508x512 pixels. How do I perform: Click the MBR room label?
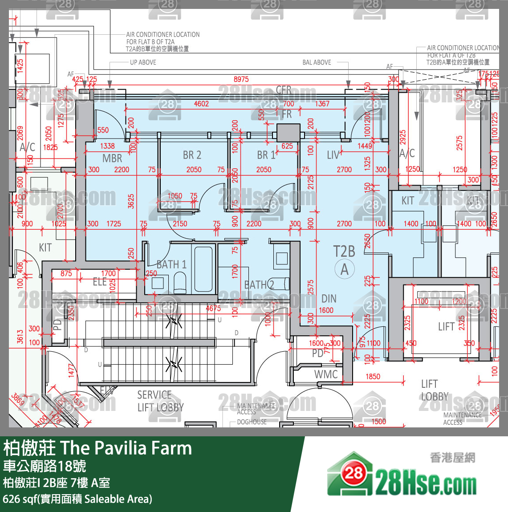(x=112, y=158)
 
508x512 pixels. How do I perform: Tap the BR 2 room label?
(x=192, y=155)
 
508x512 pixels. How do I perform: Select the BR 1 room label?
(x=266, y=155)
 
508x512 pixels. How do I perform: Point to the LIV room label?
(x=333, y=155)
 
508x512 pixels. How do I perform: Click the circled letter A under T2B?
(x=345, y=270)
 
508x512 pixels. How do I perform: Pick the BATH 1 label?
(x=171, y=264)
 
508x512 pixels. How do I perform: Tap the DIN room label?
(x=329, y=299)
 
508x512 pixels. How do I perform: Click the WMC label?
(x=326, y=374)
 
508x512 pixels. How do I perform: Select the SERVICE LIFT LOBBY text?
(x=160, y=401)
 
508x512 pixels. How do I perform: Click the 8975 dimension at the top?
(x=241, y=79)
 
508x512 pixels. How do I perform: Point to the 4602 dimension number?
(x=201, y=104)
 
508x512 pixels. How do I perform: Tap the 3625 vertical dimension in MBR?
(x=131, y=201)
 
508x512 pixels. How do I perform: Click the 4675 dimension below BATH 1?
(x=213, y=308)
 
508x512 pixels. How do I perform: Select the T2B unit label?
(x=344, y=252)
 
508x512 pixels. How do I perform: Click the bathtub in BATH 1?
(x=203, y=269)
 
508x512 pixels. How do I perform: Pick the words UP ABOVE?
(x=143, y=62)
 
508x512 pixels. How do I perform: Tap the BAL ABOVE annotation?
(x=317, y=62)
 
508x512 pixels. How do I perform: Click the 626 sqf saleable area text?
(x=77, y=499)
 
